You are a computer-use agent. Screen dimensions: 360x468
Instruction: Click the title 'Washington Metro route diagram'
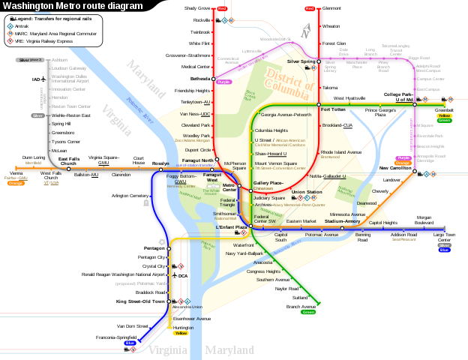pos(72,6)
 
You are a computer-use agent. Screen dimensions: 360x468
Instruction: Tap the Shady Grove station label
pos(197,8)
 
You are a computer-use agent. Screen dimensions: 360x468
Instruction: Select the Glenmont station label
pos(331,8)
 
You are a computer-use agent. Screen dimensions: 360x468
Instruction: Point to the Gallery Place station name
pos(268,182)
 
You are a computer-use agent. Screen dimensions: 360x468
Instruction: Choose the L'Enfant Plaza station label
pos(232,227)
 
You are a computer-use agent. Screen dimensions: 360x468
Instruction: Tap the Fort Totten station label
pos(333,109)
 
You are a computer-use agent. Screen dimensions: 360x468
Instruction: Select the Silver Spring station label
pos(301,61)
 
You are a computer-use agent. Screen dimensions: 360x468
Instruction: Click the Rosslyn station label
pos(160,163)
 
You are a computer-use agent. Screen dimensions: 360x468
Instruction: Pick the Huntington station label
pos(183,327)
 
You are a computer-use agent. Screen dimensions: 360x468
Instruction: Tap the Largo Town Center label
pos(445,237)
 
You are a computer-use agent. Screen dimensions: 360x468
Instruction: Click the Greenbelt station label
pos(444,110)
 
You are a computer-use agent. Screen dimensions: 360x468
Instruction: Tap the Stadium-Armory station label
pos(342,221)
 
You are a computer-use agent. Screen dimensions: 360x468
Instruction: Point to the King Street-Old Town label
pos(140,301)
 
